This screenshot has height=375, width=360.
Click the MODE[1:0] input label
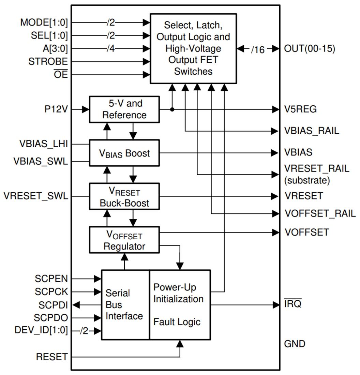coord(44,23)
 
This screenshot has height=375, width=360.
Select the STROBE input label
coord(48,62)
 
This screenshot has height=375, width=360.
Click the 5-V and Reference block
coord(124,109)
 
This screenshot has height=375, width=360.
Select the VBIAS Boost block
coord(124,153)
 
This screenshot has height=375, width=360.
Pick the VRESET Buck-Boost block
coord(124,197)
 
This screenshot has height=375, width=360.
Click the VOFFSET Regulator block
coord(124,240)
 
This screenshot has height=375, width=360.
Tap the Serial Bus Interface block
coord(125,305)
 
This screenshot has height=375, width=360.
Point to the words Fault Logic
coord(177,321)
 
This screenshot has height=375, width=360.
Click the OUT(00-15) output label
coord(310,49)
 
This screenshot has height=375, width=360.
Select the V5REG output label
coord(300,109)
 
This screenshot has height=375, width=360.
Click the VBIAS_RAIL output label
coord(312,131)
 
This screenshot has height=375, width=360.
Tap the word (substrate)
coord(306,180)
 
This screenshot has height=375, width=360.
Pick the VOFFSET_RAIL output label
coord(320,214)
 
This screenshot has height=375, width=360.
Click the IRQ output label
coord(293,304)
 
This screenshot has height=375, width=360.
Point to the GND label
coord(295,344)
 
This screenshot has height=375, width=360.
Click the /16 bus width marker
coord(258,49)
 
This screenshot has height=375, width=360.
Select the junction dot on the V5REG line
coord(172,109)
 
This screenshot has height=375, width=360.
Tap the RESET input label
coord(52,357)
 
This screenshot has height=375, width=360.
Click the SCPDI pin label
coord(53,305)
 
